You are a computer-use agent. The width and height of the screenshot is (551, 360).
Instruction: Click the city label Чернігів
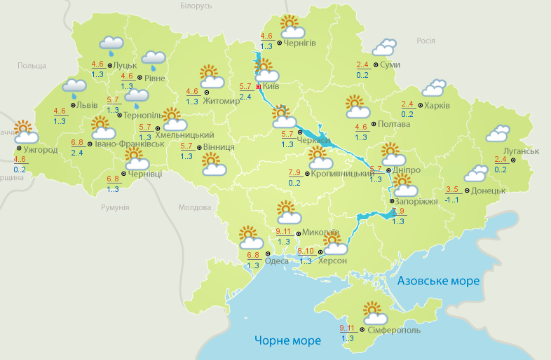click(x=300, y=43)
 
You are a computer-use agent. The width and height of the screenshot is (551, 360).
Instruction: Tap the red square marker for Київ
click(x=259, y=87)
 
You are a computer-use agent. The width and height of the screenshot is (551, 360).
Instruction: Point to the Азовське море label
click(x=439, y=281)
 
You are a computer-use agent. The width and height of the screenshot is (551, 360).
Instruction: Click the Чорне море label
click(x=287, y=340)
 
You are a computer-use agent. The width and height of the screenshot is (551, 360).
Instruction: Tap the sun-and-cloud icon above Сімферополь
click(x=372, y=311)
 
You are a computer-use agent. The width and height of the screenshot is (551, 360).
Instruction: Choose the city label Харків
click(x=437, y=106)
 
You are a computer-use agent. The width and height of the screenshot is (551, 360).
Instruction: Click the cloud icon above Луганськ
click(x=498, y=133)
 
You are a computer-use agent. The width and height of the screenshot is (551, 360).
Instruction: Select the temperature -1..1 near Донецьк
click(x=452, y=200)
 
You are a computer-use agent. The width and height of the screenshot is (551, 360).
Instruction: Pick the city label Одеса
click(x=277, y=261)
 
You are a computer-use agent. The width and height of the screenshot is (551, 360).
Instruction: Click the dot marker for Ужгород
click(x=19, y=148)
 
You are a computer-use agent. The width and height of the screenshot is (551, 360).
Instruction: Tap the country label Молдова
click(x=194, y=208)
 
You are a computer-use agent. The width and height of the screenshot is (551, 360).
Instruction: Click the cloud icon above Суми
click(x=383, y=48)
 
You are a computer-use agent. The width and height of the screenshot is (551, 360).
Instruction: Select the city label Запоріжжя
click(x=417, y=202)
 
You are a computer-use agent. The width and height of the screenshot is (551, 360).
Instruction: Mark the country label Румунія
click(x=115, y=208)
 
